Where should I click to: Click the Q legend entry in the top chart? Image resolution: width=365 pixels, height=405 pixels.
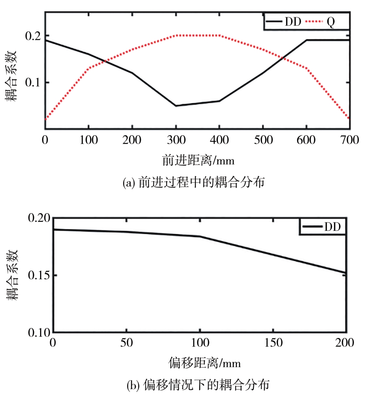(331, 22)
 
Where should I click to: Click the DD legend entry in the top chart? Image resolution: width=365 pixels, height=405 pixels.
(293, 22)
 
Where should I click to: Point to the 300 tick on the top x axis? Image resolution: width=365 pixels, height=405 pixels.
(176, 140)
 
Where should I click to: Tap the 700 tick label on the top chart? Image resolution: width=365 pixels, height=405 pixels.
(349, 140)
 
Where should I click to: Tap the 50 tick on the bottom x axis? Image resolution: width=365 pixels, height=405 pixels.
(126, 342)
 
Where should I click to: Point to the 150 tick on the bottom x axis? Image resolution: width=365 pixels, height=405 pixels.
(273, 342)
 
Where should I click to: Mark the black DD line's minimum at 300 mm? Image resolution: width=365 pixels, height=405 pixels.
(176, 106)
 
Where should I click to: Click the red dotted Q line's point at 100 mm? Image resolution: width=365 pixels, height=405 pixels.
(89, 68)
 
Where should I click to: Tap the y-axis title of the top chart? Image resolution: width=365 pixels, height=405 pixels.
(13, 83)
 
